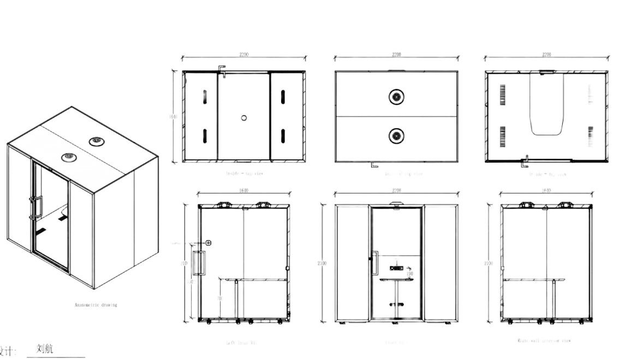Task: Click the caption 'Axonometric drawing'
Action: (96, 305)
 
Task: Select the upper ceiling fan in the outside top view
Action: (396, 97)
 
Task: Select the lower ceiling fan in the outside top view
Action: (396, 134)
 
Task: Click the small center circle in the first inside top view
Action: (243, 117)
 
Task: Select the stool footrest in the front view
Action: (396, 304)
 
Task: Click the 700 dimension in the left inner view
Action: (221, 299)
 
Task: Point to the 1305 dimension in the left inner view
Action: (192, 282)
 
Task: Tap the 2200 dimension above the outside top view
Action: (396, 55)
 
